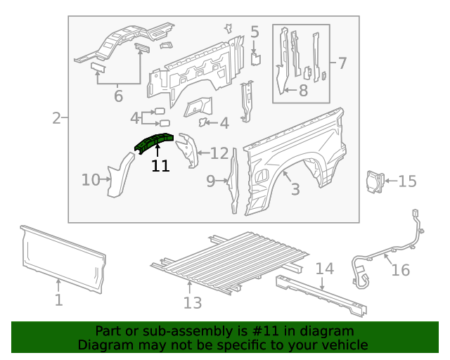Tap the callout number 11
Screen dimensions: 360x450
coord(160,166)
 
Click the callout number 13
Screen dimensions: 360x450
coord(192,302)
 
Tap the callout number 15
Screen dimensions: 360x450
coord(407,181)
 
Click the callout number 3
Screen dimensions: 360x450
coord(295,189)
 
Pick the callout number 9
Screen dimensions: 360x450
coord(211,182)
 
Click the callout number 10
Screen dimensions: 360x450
coord(91,180)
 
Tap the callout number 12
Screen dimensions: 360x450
coord(219,153)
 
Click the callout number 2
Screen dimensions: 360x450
coord(56,118)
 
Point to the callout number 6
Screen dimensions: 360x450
coord(117,96)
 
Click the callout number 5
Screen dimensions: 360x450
coord(255,32)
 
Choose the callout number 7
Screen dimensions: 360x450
coord(342,63)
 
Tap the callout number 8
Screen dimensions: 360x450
coord(303,90)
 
